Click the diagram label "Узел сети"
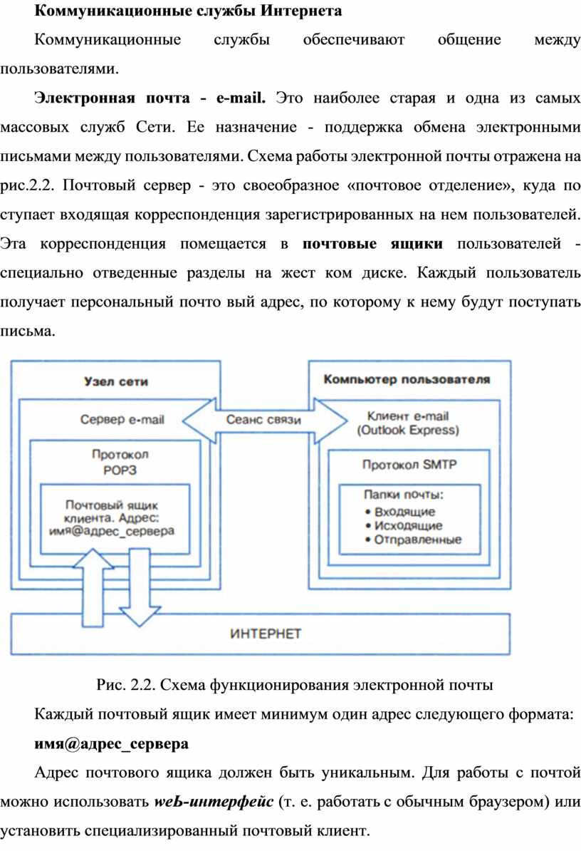pos(116,381)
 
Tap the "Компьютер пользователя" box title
pos(407,379)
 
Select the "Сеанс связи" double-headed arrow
pos(264,420)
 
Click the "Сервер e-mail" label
pos(122,420)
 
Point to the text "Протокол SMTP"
pos(409,465)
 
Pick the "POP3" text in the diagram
pos(120,470)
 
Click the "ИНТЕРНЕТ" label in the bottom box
pos(265,634)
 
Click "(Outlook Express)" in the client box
pos(407,430)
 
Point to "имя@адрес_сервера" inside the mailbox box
pos(112,531)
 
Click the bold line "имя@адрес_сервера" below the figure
pos(112,743)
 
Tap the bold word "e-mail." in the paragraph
pos(241,98)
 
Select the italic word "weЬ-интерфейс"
pos(214,801)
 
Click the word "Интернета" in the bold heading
pos(300,11)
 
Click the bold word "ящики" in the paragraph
pos(417,244)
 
